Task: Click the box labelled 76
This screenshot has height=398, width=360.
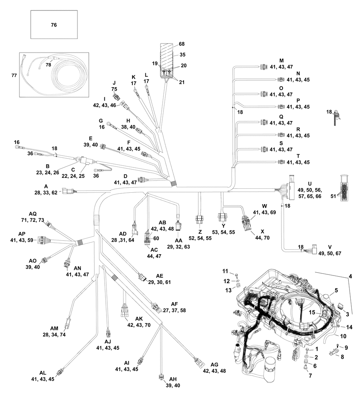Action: tap(54, 24)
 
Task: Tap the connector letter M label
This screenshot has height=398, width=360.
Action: tap(282, 60)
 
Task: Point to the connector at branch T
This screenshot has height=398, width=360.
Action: tap(281, 162)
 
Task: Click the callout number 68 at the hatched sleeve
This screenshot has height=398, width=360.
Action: tap(181, 44)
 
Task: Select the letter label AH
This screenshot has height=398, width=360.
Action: tap(172, 380)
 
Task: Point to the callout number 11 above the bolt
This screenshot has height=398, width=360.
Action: tap(225, 271)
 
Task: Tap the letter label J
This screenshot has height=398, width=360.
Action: tap(114, 82)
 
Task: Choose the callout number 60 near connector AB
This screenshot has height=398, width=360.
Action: tap(156, 238)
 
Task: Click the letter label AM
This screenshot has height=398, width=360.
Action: tap(54, 328)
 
